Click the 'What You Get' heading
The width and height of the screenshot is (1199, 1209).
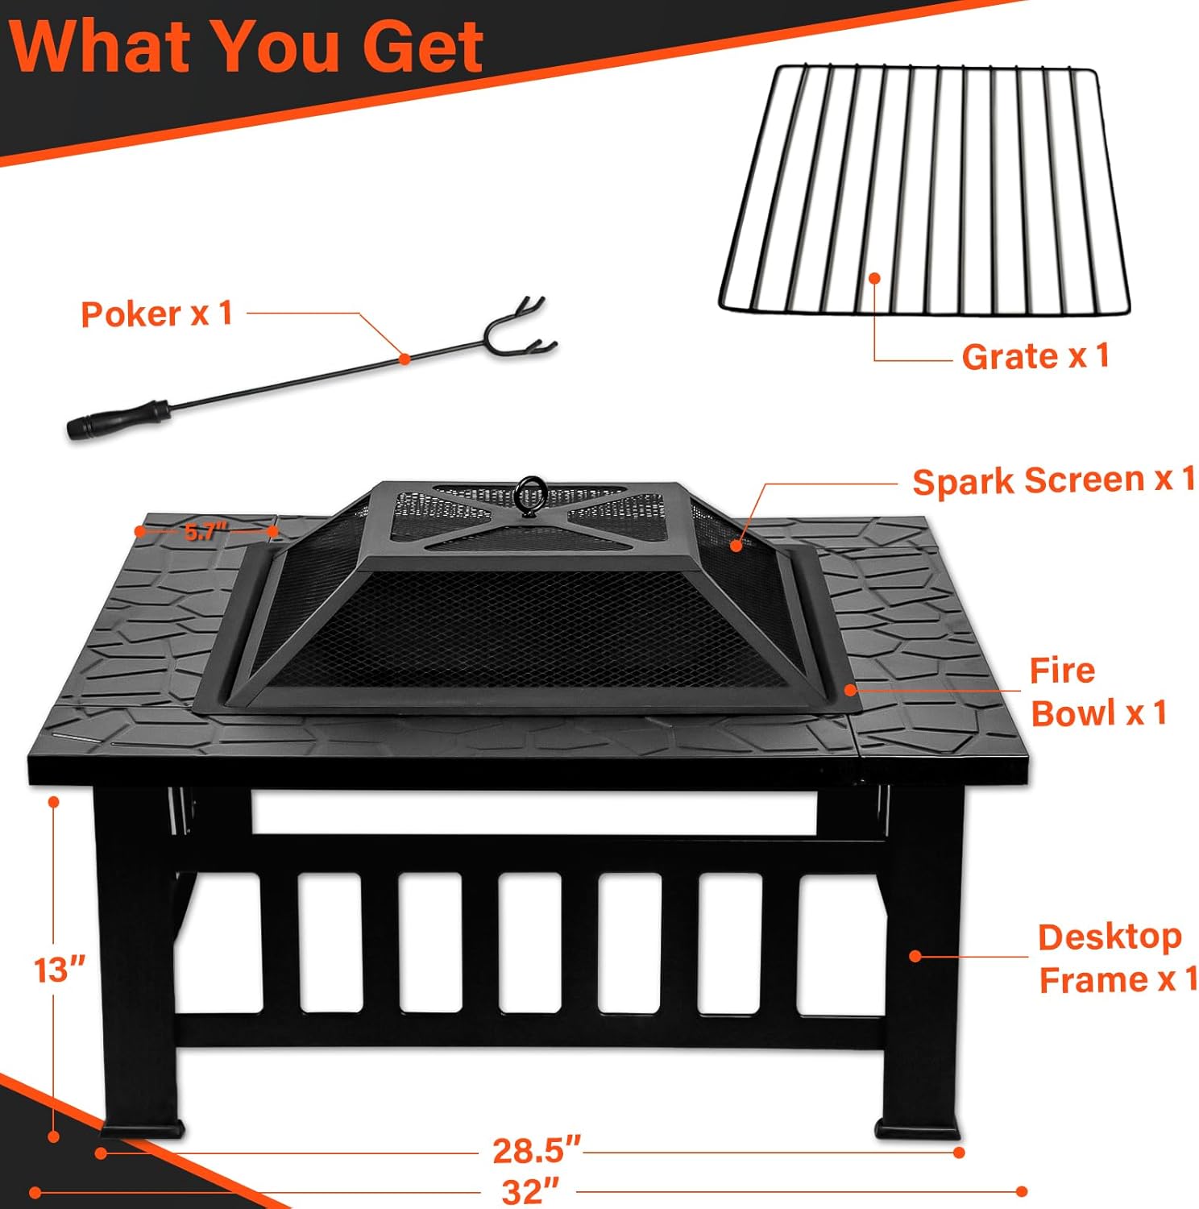click(x=246, y=46)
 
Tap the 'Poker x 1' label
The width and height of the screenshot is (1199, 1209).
click(x=156, y=314)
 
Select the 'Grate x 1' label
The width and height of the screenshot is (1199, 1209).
click(x=1035, y=355)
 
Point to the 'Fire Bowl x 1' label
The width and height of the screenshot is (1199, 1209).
click(x=1097, y=692)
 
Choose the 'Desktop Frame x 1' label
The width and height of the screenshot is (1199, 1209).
click(x=1117, y=958)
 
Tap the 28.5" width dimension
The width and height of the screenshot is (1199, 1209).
click(x=536, y=1150)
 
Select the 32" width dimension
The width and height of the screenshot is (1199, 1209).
click(x=530, y=1190)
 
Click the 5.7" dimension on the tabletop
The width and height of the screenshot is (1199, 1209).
click(x=206, y=531)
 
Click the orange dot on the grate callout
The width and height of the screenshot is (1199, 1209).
click(x=874, y=277)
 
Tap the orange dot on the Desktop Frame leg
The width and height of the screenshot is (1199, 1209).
click(x=915, y=956)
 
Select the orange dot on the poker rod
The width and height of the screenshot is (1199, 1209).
click(x=405, y=359)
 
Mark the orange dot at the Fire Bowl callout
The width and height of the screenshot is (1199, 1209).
click(x=849, y=690)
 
